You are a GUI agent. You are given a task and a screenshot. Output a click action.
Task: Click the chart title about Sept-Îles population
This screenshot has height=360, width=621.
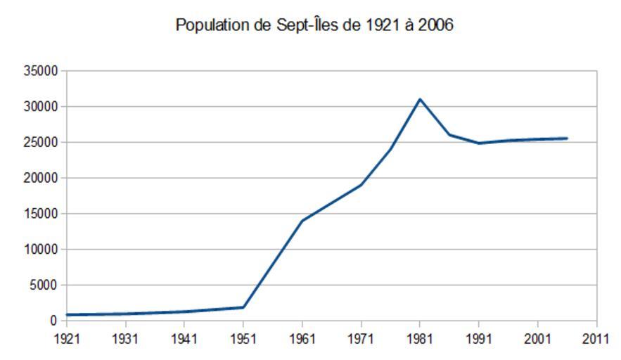pos(314,25)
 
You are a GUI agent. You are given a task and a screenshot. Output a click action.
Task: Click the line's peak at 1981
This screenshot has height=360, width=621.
pos(420,99)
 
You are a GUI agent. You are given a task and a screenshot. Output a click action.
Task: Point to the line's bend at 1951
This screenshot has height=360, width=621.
pos(243,307)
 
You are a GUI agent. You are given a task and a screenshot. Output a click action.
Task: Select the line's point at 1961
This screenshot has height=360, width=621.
pos(302,221)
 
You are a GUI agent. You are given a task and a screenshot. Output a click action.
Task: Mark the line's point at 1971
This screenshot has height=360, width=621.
pos(361,185)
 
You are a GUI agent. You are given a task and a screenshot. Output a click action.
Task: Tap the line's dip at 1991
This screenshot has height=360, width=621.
pos(479,143)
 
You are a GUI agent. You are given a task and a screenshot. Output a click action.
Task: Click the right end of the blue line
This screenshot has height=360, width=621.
pos(567,139)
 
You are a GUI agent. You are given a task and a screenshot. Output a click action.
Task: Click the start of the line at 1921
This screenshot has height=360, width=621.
pos(67,315)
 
